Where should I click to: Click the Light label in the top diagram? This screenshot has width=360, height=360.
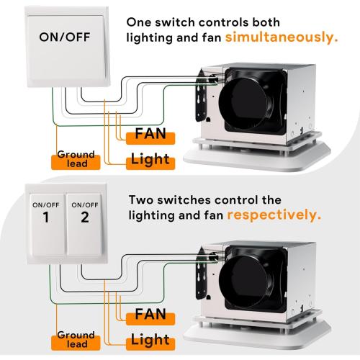pyautogui.click(x=150, y=159)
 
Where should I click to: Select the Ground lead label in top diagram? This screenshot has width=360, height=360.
pyautogui.click(x=76, y=159)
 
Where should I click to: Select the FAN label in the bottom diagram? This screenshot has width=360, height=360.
pyautogui.click(x=150, y=315)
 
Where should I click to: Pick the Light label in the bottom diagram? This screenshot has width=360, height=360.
pyautogui.click(x=150, y=339)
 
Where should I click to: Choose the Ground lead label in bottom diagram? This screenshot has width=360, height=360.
pyautogui.click(x=76, y=339)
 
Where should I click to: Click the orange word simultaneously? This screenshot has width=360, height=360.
pyautogui.click(x=281, y=36)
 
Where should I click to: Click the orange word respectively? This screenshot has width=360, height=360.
pyautogui.click(x=274, y=214)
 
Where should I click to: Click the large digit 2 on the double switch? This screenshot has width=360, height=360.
pyautogui.click(x=84, y=217)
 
